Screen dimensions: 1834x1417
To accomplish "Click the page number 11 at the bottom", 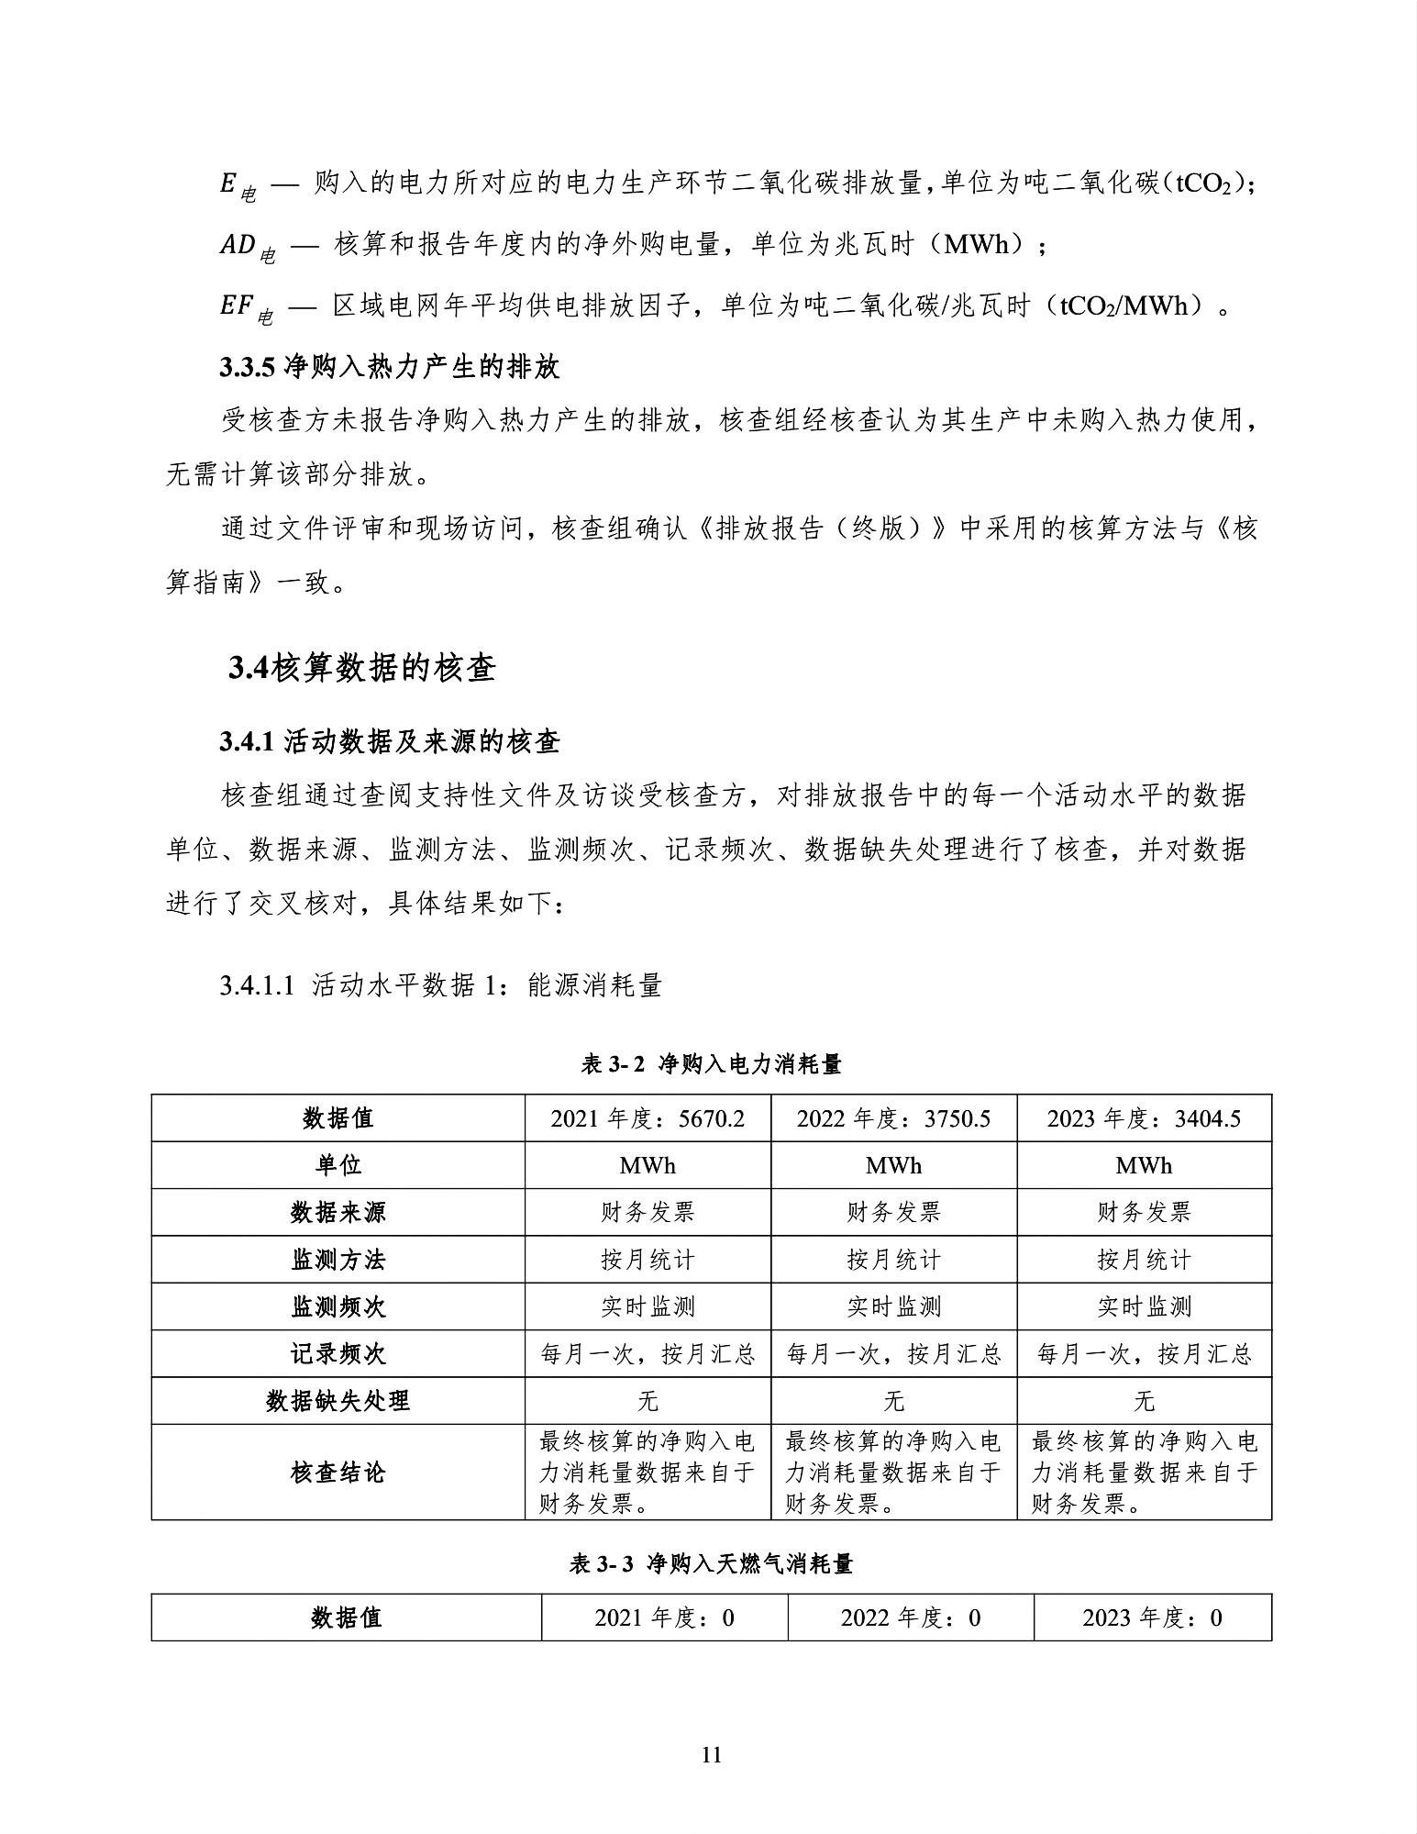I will (x=711, y=1755).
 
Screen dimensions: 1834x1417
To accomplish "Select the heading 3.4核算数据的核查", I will (x=362, y=668).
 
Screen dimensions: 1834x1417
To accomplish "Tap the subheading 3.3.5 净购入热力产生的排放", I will (x=389, y=367).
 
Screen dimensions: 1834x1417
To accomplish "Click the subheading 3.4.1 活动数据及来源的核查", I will (x=389, y=741).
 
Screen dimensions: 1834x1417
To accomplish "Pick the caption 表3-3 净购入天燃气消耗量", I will (x=711, y=1563).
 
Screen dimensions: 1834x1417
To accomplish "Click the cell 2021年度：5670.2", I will (x=648, y=1118).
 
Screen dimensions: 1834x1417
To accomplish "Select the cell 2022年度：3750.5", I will (x=893, y=1118).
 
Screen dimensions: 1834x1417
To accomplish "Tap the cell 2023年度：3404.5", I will (x=1144, y=1118).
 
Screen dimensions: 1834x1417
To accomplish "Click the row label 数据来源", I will (x=338, y=1212).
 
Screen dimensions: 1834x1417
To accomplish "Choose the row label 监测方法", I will (x=338, y=1260).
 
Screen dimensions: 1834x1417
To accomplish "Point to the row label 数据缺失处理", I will (x=338, y=1401).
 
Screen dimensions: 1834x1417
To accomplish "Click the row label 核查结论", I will (x=338, y=1473).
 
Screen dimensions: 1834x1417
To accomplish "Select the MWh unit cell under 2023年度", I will (x=1144, y=1165).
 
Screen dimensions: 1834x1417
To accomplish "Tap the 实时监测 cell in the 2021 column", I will (x=648, y=1306).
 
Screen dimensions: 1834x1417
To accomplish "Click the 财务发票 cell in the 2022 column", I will (x=893, y=1212).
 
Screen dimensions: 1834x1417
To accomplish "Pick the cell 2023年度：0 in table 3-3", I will (x=1152, y=1617).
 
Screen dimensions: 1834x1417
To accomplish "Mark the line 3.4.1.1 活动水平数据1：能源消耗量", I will (x=440, y=985).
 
